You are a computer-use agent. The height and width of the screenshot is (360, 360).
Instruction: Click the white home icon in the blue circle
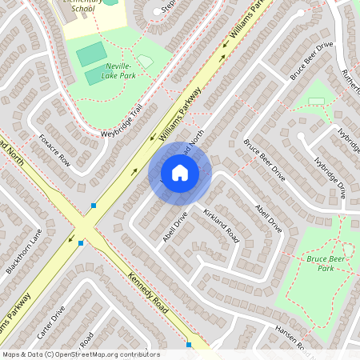tap(179, 172)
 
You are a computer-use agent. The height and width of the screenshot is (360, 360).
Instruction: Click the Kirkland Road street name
tap(222, 224)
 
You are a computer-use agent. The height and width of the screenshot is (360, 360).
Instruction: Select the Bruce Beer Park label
tap(330, 263)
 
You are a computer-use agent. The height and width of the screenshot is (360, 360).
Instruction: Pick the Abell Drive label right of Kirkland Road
tap(269, 216)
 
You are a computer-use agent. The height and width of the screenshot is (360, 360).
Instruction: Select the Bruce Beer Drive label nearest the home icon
tap(264, 158)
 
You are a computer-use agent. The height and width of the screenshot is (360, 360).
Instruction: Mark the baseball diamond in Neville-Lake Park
tap(145, 61)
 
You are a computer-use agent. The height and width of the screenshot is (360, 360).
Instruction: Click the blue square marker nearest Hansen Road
tap(189, 345)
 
